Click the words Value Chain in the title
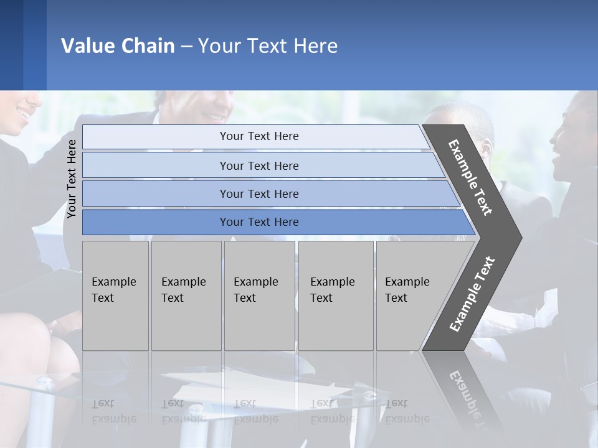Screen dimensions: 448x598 point(118,46)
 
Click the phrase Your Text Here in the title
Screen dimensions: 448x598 point(268,46)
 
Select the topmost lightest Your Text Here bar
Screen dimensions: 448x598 point(259,136)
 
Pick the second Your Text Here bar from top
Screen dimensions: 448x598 point(259,166)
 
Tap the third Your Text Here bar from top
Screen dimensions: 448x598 point(259,194)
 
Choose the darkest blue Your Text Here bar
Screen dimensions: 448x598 point(259,222)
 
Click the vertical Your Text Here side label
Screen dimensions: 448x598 point(72,179)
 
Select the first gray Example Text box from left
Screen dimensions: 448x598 point(115,296)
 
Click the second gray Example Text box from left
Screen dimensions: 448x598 point(186,296)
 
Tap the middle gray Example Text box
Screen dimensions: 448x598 point(259,296)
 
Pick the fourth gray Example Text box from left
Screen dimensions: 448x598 point(335,296)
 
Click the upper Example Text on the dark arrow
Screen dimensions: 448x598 point(470,177)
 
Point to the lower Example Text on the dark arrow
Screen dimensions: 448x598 point(472,294)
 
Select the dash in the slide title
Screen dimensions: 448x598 point(186,47)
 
